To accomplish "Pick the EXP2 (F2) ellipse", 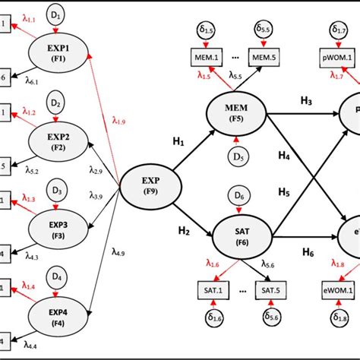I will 59,141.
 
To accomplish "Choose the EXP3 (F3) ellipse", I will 59,229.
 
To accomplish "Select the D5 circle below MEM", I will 236,159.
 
